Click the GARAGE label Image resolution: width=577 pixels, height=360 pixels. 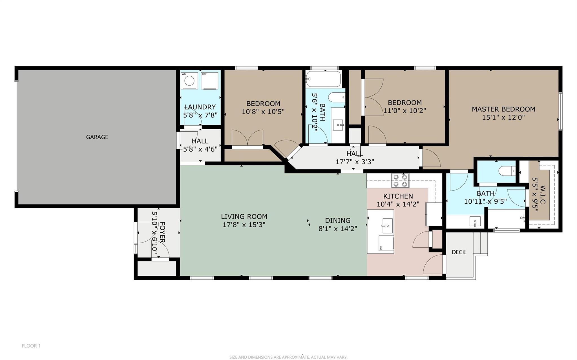click(x=97, y=137)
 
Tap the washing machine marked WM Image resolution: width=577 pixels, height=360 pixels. click(x=189, y=81)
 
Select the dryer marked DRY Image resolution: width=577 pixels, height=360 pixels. click(x=210, y=81)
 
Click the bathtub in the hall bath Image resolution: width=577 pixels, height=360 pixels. click(x=324, y=79)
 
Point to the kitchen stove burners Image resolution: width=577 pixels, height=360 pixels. click(x=400, y=181)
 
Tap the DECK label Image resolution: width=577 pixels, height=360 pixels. click(x=459, y=252)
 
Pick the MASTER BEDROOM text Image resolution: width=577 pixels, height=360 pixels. click(x=503, y=109)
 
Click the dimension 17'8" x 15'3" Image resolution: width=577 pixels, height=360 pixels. click(x=244, y=225)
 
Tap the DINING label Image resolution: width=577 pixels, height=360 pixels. click(x=338, y=220)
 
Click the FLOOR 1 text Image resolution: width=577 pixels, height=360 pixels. click(x=31, y=346)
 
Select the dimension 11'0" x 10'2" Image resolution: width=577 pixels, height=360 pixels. click(x=404, y=111)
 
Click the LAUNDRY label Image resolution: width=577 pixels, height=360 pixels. click(x=200, y=107)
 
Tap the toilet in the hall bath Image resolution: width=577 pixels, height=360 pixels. click(x=337, y=97)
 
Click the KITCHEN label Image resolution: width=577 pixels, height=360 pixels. click(x=398, y=196)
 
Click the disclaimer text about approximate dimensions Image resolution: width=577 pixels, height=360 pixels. click(x=288, y=357)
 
